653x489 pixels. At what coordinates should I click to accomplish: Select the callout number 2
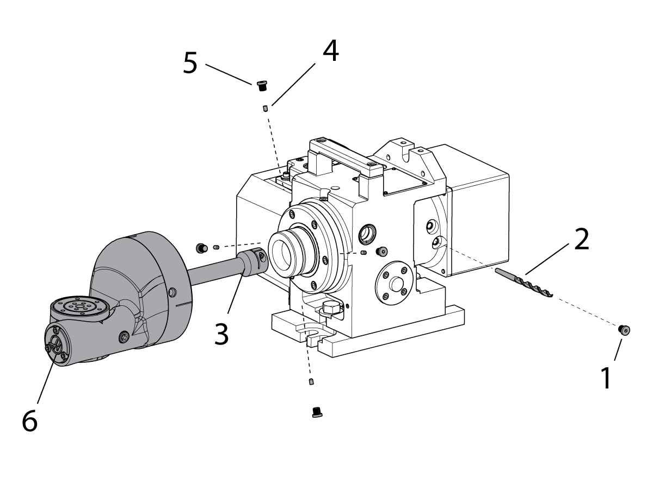582,240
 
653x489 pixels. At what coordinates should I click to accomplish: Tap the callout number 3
221,333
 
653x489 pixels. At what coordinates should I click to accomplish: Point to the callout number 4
331,51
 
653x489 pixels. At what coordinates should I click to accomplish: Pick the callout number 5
190,62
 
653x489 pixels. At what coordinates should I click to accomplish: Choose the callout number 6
30,421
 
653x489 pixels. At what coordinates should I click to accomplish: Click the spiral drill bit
523,283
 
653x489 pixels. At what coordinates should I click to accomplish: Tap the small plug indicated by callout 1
624,330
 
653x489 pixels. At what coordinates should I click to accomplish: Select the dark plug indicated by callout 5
262,86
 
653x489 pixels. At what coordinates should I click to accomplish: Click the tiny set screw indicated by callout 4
266,108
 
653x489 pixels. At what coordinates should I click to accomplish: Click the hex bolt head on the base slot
330,309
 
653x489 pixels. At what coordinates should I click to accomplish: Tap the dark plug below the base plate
317,412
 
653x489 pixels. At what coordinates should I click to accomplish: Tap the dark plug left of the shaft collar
201,248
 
